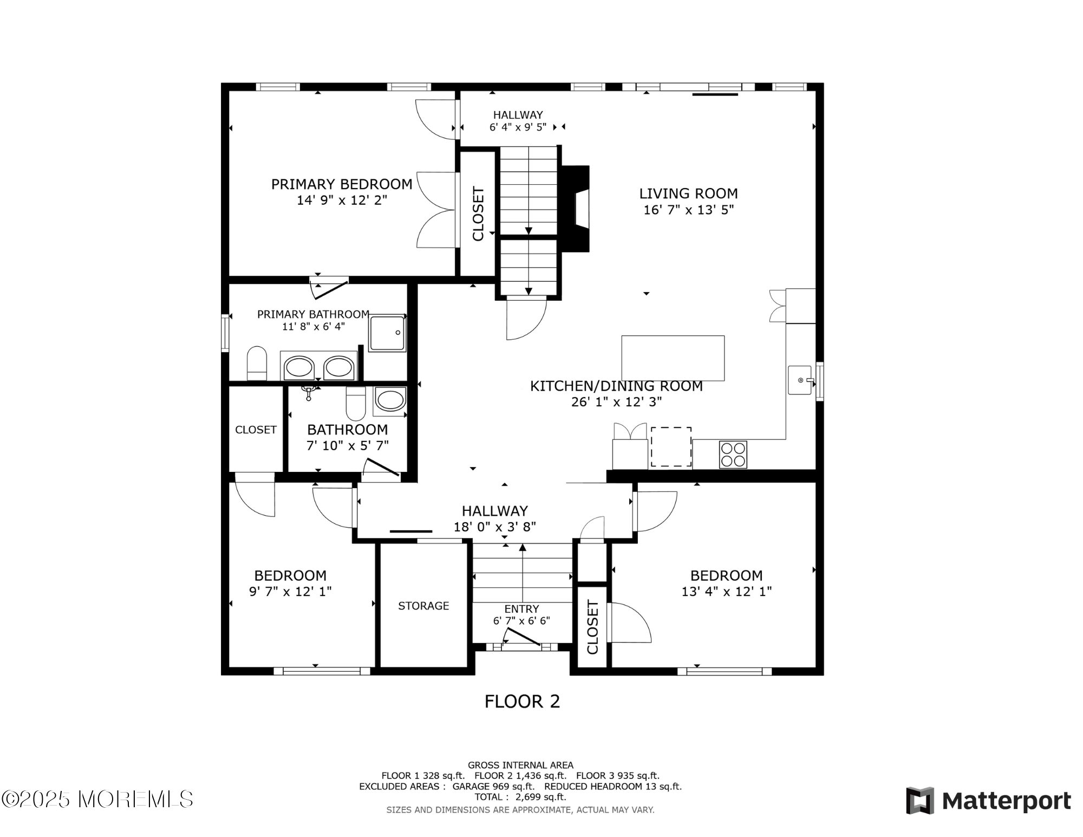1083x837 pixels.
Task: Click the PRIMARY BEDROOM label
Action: click(x=342, y=184)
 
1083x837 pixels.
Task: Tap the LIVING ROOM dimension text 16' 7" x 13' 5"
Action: click(x=688, y=210)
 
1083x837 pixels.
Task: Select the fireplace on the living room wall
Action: click(x=576, y=209)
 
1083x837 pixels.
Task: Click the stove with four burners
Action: click(x=733, y=455)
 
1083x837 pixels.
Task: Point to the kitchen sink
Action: click(x=801, y=380)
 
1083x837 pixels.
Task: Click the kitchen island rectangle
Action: click(x=673, y=358)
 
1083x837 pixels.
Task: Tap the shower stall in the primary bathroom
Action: click(x=387, y=333)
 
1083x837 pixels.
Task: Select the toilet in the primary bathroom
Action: click(x=257, y=364)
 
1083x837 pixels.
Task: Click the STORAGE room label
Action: click(x=423, y=606)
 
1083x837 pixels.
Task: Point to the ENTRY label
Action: click(x=521, y=609)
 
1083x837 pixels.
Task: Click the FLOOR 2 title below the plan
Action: click(x=522, y=702)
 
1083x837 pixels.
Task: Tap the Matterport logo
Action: click(x=989, y=801)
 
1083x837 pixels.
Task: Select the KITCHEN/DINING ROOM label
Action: click(x=616, y=386)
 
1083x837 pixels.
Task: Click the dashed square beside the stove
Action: click(x=671, y=447)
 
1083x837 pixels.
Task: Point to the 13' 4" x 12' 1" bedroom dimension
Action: click(x=727, y=592)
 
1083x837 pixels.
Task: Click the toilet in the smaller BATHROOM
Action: click(x=356, y=404)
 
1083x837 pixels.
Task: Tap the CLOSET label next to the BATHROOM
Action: click(x=256, y=430)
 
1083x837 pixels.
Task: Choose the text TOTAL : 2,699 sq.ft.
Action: click(x=520, y=797)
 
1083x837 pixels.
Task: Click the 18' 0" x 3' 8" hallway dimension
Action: click(x=495, y=527)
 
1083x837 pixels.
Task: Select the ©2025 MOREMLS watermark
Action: click(x=97, y=799)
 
